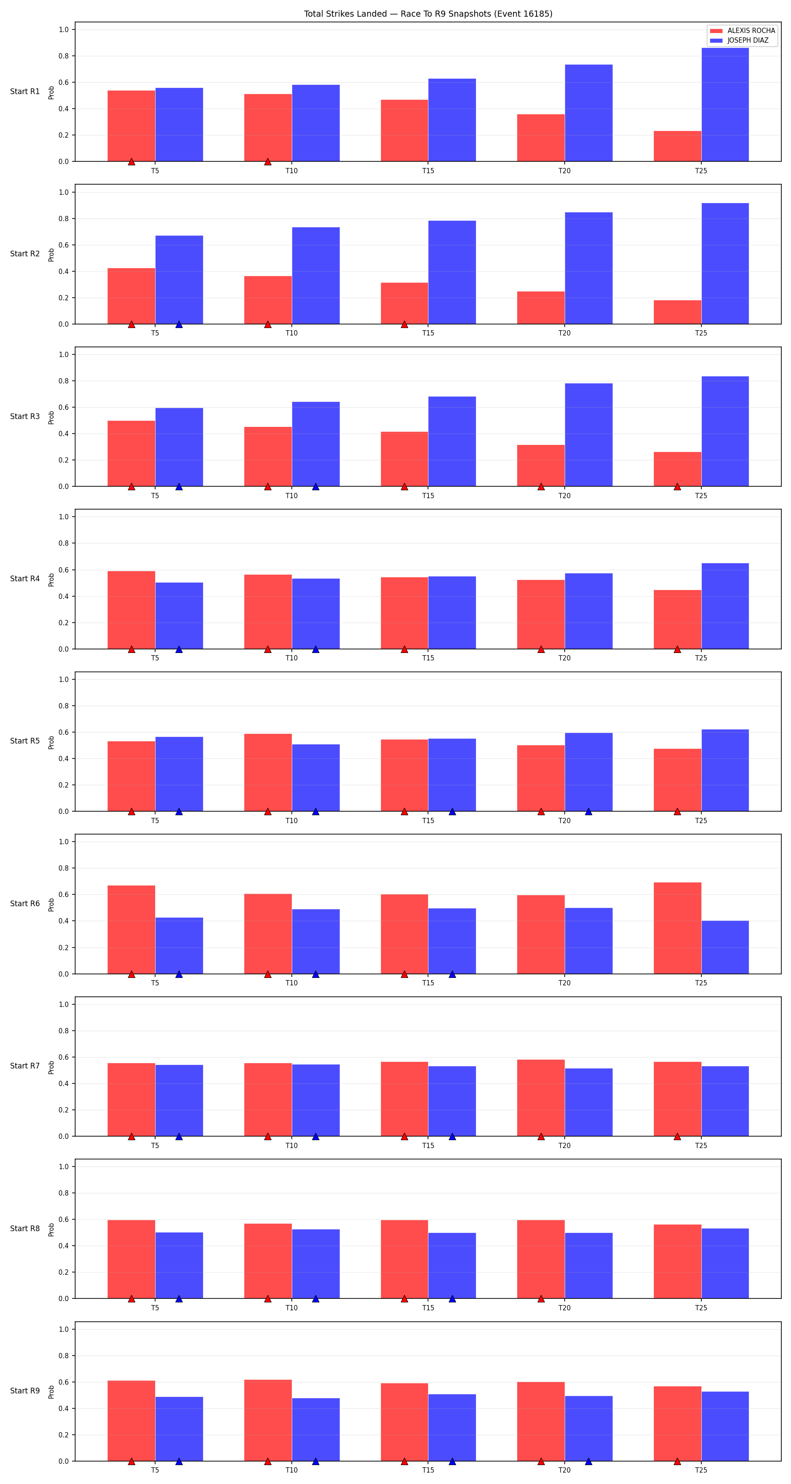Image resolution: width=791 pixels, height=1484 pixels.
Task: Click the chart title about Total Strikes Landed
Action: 428,14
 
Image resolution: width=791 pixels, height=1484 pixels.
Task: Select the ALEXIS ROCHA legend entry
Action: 743,30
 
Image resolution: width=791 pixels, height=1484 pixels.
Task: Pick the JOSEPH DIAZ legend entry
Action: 739,40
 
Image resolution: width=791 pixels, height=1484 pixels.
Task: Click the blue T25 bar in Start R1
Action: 725,104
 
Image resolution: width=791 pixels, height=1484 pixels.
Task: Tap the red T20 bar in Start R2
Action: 541,308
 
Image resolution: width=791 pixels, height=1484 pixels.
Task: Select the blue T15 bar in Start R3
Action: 452,441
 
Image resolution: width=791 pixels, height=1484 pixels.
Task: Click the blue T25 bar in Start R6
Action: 725,947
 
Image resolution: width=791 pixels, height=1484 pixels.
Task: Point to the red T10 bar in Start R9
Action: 268,1420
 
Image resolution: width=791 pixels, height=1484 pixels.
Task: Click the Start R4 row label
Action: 25,578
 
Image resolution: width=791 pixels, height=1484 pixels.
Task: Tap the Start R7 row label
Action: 25,1066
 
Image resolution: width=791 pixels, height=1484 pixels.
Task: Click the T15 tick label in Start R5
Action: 428,820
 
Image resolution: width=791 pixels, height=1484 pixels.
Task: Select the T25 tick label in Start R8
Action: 700,1308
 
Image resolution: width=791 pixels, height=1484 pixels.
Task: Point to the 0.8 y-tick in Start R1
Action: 63,56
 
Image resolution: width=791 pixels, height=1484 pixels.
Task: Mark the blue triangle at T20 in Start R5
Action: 588,812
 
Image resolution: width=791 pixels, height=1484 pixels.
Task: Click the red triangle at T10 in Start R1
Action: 268,162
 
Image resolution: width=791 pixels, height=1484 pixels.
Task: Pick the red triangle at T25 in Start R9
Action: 677,1462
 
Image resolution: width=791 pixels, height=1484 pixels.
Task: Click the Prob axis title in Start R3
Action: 51,417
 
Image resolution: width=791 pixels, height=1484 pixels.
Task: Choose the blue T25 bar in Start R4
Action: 725,606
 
